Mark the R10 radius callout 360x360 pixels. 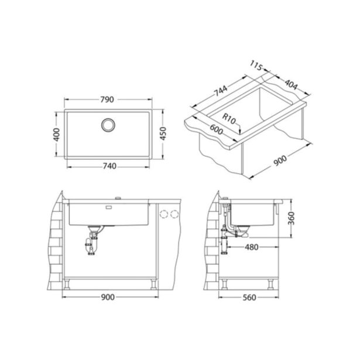tap(228, 122)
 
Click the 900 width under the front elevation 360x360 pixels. tap(108, 297)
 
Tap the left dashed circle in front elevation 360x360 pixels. tap(163, 214)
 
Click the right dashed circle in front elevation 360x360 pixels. tap(173, 214)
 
